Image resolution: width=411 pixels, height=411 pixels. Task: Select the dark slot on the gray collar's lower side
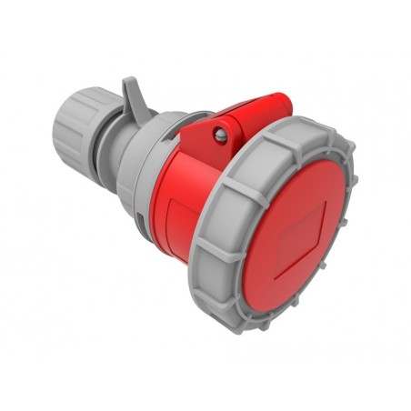pyautogui.click(x=138, y=216)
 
